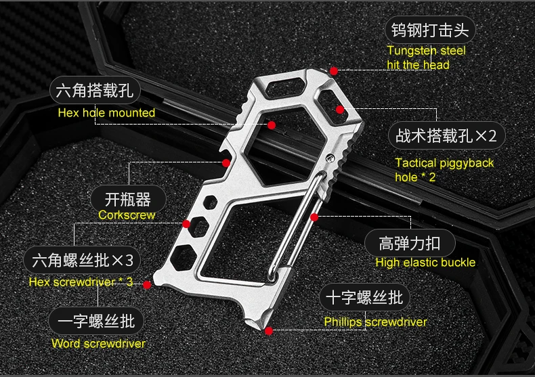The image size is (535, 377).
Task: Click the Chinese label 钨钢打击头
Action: pos(430,30)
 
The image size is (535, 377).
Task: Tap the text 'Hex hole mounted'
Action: pos(106,113)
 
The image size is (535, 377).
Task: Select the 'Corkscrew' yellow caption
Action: pos(127,215)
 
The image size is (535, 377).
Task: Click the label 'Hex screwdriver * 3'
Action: pos(81,282)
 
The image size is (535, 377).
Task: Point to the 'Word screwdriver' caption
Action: pos(98,343)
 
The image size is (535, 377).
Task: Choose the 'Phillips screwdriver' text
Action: pos(375,321)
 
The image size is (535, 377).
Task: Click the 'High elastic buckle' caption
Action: pos(425,263)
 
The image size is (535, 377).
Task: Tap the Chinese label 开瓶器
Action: pos(128,200)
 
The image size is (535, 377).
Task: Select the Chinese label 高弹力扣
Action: pos(410,244)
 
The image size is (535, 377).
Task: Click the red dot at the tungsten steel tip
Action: pos(334,71)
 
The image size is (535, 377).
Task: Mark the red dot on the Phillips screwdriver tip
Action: pos(269,331)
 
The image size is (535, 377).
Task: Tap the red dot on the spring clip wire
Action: pos(314,217)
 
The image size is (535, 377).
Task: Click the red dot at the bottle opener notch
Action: pos(226,163)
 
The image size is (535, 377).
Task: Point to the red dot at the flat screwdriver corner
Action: pos(147,285)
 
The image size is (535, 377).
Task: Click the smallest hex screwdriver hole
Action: pos(210,202)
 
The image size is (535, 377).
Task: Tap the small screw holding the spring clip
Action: pos(330,158)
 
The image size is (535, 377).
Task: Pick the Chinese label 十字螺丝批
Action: pos(364,297)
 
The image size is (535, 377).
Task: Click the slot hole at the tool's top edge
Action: pos(286,85)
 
